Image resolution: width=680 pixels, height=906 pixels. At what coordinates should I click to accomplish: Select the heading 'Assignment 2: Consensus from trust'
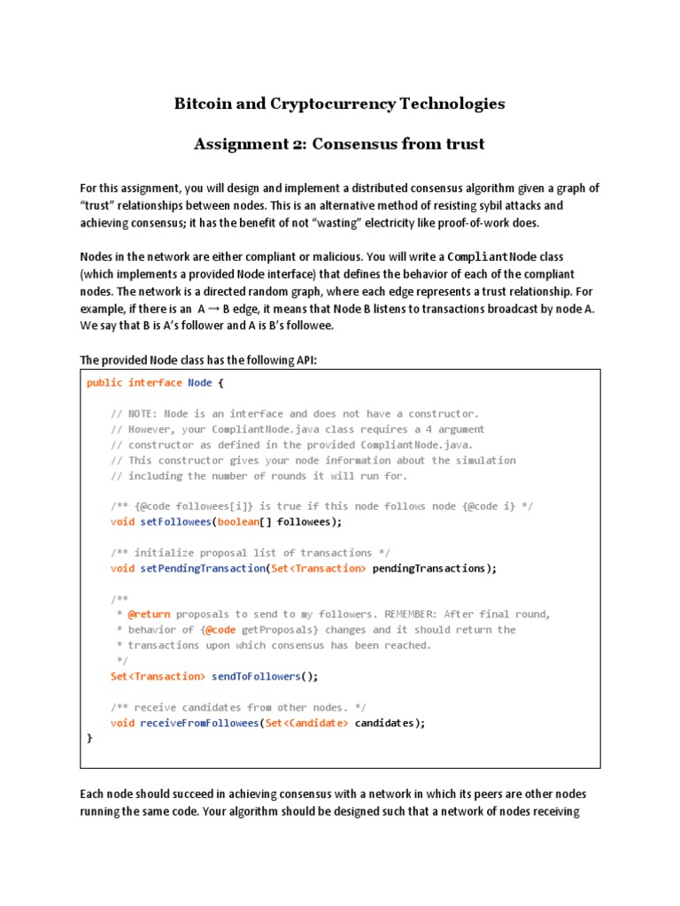[x=339, y=144]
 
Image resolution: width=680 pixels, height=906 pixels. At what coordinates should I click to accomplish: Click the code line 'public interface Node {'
[x=156, y=383]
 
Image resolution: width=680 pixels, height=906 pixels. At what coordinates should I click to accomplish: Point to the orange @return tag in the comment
[x=146, y=614]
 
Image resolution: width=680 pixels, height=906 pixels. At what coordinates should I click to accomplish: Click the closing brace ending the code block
[x=89, y=738]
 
